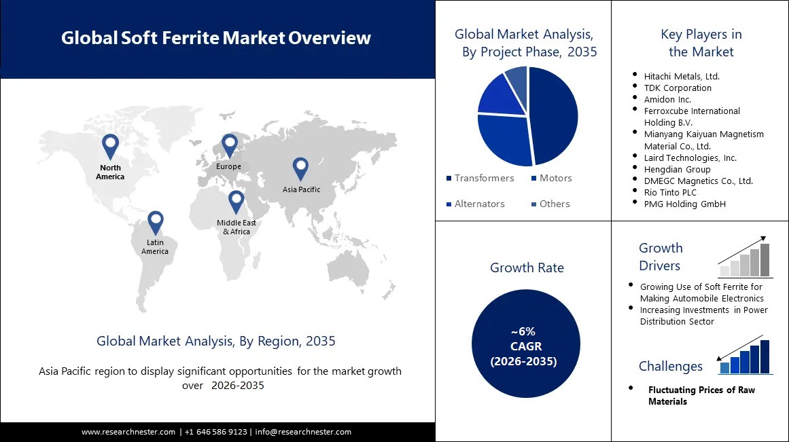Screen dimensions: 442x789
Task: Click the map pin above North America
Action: pos(110,145)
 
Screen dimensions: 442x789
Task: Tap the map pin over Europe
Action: pos(229,144)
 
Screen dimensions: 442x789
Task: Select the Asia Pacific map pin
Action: pos(300,168)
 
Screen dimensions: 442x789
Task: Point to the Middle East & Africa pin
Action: pos(236,201)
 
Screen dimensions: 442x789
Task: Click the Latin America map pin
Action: pos(156,221)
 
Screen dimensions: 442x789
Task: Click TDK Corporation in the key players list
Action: pos(678,88)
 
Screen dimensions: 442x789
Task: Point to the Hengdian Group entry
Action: pos(677,169)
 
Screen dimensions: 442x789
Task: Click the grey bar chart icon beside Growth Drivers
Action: pos(745,261)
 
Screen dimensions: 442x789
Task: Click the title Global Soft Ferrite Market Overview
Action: pos(216,38)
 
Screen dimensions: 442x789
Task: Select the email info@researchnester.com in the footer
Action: pos(303,432)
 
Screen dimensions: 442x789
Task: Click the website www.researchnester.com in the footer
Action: pos(129,432)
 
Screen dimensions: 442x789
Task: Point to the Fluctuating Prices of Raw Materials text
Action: pos(701,395)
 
